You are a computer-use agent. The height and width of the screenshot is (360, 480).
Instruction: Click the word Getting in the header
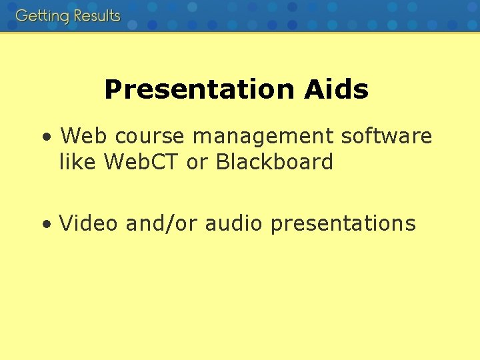(x=41, y=16)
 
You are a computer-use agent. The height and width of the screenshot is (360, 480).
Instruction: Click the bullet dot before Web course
(x=45, y=138)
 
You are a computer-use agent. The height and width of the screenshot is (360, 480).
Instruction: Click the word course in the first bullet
(x=151, y=137)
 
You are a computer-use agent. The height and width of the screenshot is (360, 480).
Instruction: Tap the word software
(x=387, y=137)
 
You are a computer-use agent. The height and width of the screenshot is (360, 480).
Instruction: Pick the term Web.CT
(x=142, y=162)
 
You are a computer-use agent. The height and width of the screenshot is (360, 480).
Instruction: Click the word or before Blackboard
(x=197, y=162)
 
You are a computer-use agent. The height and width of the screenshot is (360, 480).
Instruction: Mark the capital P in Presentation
(x=113, y=89)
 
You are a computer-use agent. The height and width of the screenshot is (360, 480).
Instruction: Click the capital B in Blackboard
(x=222, y=162)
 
